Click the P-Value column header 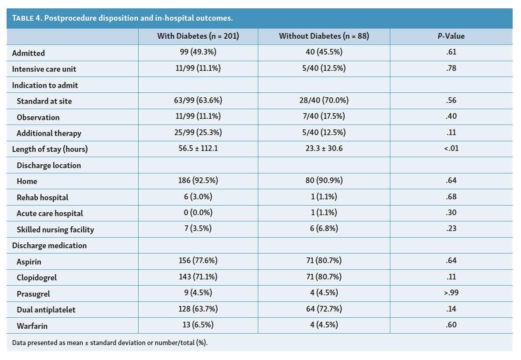click(451, 36)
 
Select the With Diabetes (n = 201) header click(198, 36)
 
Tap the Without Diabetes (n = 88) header click(324, 36)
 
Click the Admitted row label click(28, 53)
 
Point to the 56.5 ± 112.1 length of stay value click(198, 148)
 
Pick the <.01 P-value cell click(451, 148)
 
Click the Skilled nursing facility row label click(55, 230)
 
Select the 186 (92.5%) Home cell click(198, 180)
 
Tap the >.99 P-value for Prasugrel click(451, 293)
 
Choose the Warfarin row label click(32, 326)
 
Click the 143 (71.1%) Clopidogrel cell click(198, 276)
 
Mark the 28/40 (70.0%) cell click(324, 100)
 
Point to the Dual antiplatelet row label click(46, 310)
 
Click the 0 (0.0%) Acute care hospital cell click(198, 213)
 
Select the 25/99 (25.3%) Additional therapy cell click(198, 132)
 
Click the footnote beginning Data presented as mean click(110, 343)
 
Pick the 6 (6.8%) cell click(324, 228)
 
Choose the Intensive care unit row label click(44, 69)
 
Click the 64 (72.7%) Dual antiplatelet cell click(324, 309)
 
